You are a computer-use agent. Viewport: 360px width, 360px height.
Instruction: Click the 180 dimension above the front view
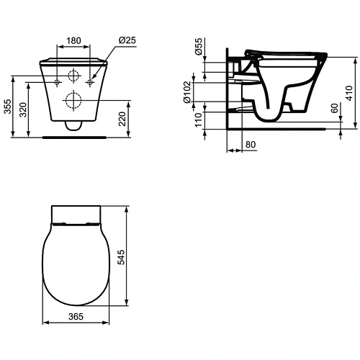73,41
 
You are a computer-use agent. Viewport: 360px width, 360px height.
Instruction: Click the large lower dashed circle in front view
73,100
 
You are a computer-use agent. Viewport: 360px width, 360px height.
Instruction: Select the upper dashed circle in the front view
73,77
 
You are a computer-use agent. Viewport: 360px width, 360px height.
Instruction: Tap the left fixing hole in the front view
57,82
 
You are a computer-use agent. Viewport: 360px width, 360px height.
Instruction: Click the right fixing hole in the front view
90,82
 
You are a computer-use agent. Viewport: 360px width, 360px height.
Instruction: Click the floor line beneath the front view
73,134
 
